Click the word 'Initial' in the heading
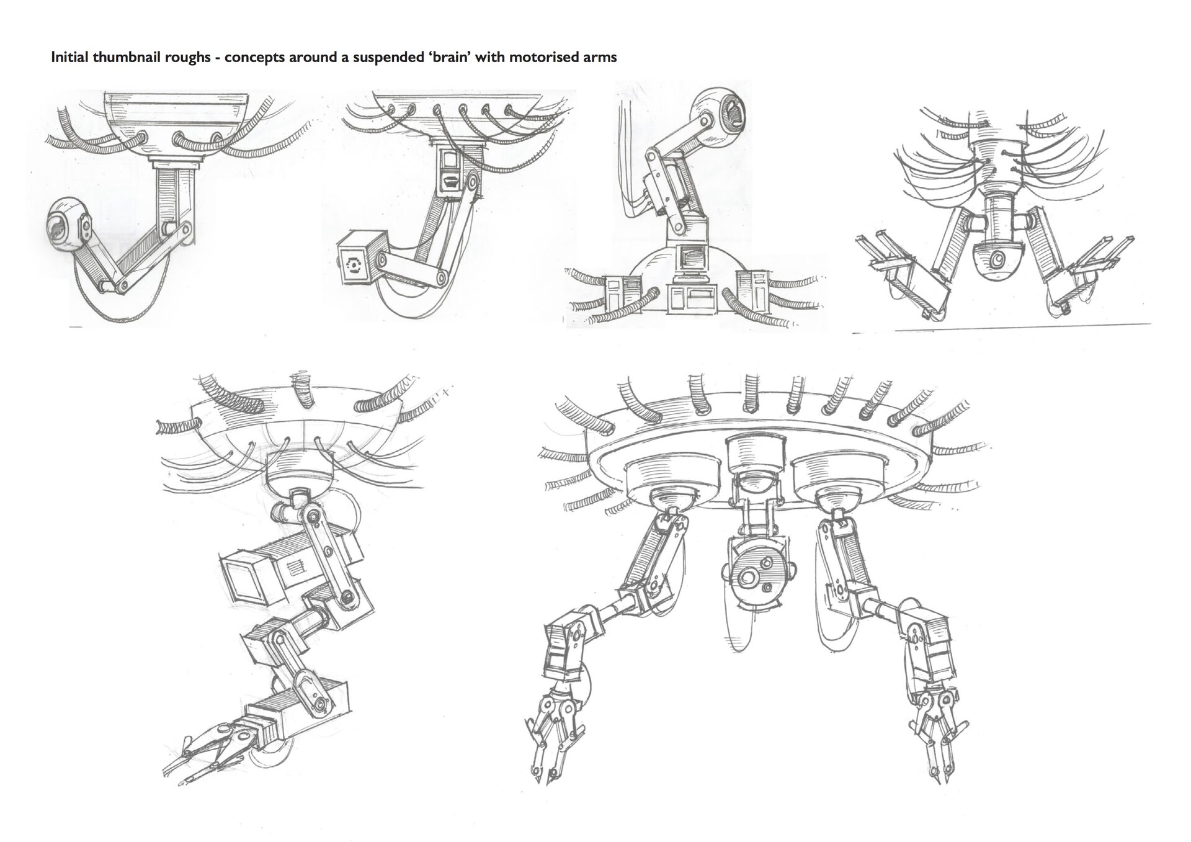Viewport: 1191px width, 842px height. [68, 58]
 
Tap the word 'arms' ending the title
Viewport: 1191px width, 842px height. [599, 58]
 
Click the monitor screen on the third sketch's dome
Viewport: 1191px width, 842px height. [693, 256]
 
